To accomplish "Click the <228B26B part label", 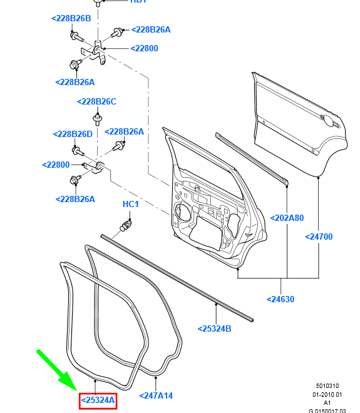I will click(x=71, y=19).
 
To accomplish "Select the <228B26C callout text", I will click(x=96, y=101).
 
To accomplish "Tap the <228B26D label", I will click(x=72, y=134).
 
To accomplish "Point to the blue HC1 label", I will click(x=130, y=205).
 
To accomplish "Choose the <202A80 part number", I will click(x=287, y=218).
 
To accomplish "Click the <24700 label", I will click(x=319, y=237).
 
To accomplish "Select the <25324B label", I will click(x=214, y=329).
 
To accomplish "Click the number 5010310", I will click(x=327, y=386).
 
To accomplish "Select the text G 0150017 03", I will click(x=327, y=410).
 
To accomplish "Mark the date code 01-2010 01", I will click(x=327, y=394).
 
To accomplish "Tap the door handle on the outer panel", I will click(x=326, y=118).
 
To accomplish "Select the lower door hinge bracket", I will click(x=96, y=166).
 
